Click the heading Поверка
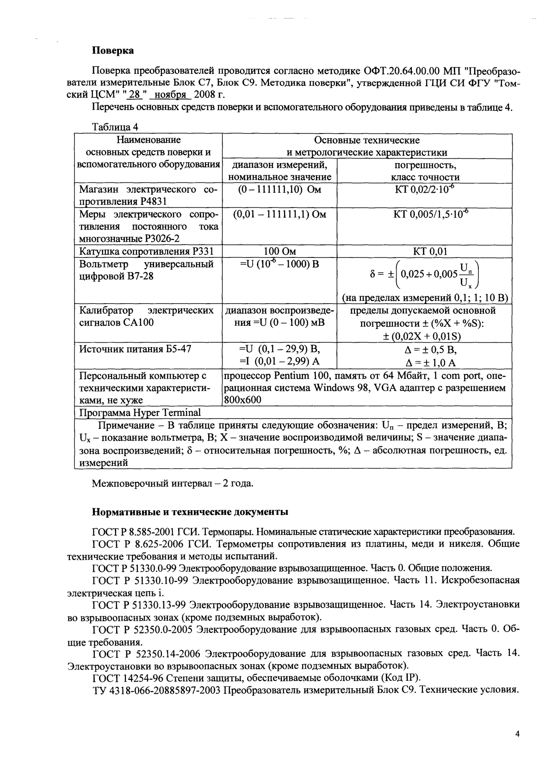[x=113, y=50]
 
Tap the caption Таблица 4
[x=115, y=127]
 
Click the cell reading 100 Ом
[x=279, y=251]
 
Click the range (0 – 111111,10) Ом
[x=279, y=189]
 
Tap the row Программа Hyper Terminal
[x=140, y=412]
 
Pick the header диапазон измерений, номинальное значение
[x=279, y=171]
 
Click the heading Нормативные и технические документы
[x=190, y=512]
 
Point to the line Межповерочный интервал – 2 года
[x=173, y=484]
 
